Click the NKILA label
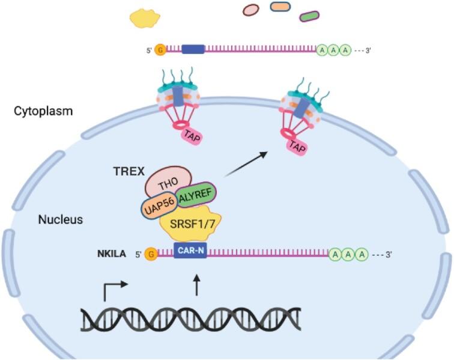coord(110,254)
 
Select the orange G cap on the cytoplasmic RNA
coord(160,50)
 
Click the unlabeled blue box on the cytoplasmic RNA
coord(193,50)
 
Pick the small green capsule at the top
coord(309,16)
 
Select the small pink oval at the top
coord(251,9)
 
